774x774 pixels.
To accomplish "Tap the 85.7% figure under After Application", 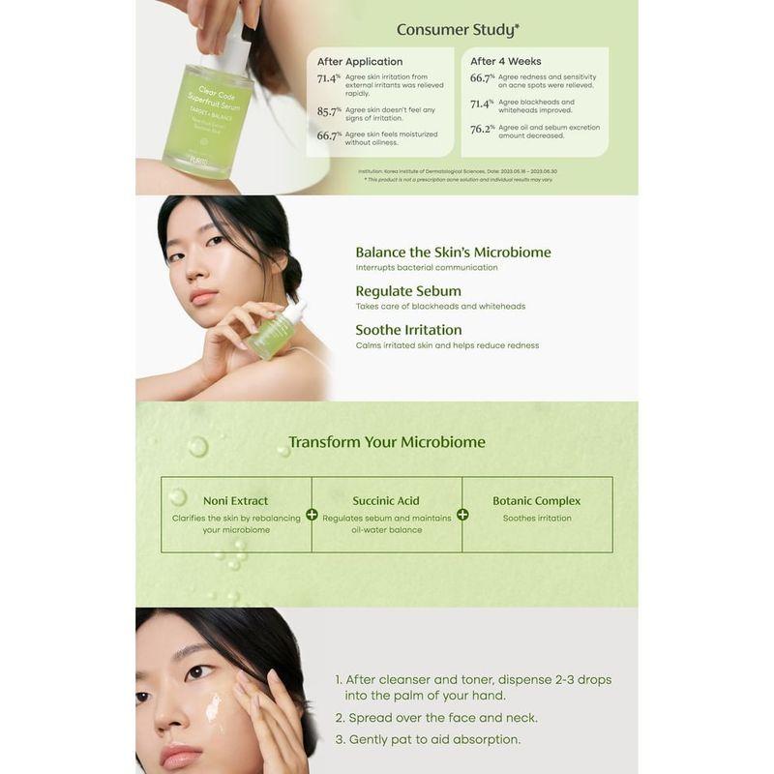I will point(329,111).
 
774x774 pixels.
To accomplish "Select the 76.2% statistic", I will point(482,129).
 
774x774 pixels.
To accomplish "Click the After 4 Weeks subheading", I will point(506,61).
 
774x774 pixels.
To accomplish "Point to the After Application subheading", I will point(360,61).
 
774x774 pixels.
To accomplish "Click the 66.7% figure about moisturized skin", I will point(329,136).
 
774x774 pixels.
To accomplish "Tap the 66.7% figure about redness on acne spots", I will point(482,78).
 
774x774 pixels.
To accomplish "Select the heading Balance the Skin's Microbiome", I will point(453,252).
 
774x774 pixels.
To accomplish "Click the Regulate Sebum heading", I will point(408,290).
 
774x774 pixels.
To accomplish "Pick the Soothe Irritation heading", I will point(408,329).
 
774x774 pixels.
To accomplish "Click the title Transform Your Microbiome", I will point(387,442).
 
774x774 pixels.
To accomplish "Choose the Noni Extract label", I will point(236,500).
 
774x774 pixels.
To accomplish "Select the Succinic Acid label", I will point(387,500).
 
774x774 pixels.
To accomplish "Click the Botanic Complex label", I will point(537,500).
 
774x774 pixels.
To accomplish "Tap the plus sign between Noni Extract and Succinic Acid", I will point(312,515).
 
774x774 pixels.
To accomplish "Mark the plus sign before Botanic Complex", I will point(462,515).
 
